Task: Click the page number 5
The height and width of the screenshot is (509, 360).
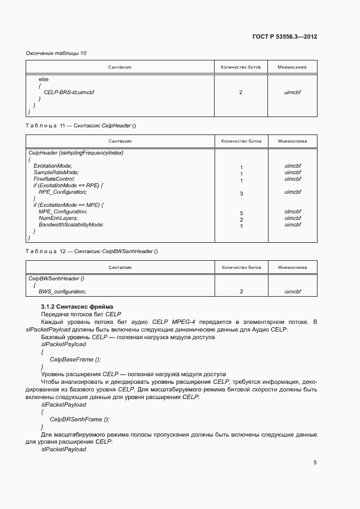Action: [x=315, y=463]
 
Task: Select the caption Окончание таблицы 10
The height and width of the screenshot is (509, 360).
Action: [x=56, y=53]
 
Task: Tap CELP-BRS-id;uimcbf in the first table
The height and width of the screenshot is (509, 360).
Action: [x=69, y=93]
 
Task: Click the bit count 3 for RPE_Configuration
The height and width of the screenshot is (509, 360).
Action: [x=241, y=193]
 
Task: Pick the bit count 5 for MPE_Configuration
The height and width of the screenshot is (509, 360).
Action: [x=241, y=213]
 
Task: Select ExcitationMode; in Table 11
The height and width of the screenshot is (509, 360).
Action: [x=53, y=165]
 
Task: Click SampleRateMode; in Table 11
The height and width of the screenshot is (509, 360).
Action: [x=56, y=172]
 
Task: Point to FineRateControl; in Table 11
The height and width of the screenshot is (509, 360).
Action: [x=54, y=179]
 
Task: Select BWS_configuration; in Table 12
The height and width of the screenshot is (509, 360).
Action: [x=62, y=291]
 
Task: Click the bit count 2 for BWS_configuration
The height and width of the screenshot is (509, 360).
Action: [x=241, y=292]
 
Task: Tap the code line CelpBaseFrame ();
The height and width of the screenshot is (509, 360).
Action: [x=75, y=359]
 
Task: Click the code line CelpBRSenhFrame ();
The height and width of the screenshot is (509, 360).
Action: [x=80, y=419]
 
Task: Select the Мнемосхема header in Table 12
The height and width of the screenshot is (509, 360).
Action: [x=292, y=267]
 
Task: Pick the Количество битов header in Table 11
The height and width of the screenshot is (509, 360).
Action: [x=241, y=141]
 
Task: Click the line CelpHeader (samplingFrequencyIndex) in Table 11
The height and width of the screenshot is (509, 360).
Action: [x=76, y=152]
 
